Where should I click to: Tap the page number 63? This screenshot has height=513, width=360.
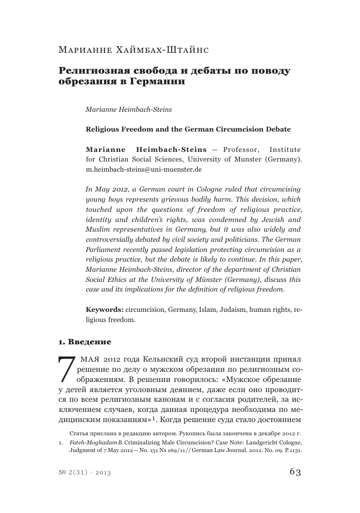click(x=295, y=472)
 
